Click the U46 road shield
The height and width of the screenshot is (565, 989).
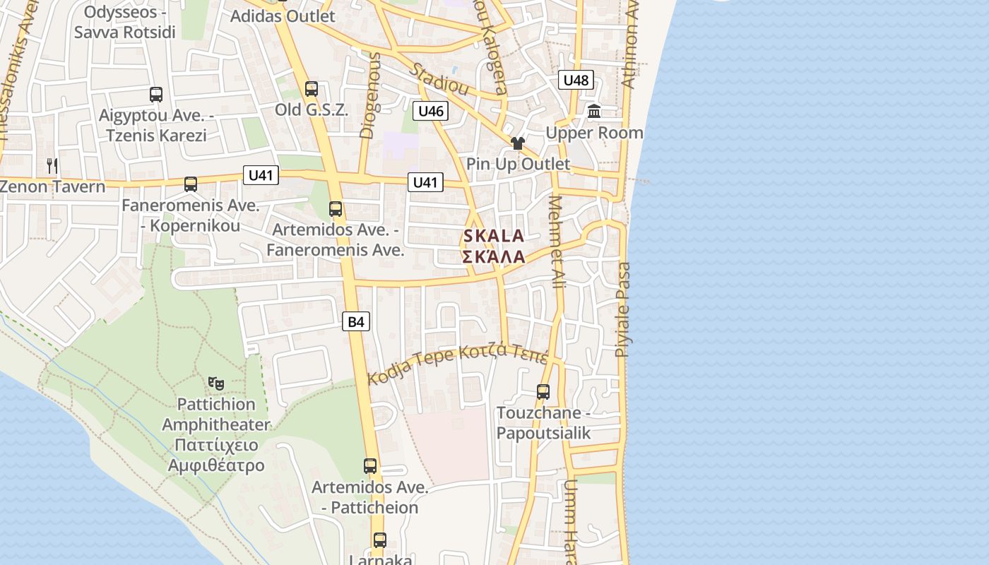tap(430, 111)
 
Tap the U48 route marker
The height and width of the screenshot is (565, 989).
tap(576, 80)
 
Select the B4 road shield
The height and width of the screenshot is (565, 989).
tap(356, 322)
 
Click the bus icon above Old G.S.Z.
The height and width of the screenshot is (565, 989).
tap(311, 89)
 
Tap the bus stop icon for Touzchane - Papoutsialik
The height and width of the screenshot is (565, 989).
tap(543, 391)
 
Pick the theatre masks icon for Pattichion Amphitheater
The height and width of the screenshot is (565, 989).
tap(216, 383)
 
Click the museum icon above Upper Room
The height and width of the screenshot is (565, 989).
tap(594, 112)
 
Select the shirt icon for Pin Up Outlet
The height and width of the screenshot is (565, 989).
tap(518, 143)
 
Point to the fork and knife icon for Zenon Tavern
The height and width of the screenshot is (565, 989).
tap(52, 166)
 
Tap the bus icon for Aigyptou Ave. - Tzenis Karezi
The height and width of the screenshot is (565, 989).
tap(155, 95)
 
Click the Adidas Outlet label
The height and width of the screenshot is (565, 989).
tap(283, 16)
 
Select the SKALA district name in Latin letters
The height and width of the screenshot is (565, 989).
tap(494, 237)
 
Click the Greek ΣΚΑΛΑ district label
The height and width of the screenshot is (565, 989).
tap(494, 257)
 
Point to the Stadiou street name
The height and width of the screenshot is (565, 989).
tap(439, 79)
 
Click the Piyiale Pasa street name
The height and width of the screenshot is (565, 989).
tap(622, 309)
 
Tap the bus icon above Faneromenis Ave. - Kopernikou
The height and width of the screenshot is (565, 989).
tap(190, 184)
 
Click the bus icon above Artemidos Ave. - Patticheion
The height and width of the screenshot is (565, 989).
tap(369, 466)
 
